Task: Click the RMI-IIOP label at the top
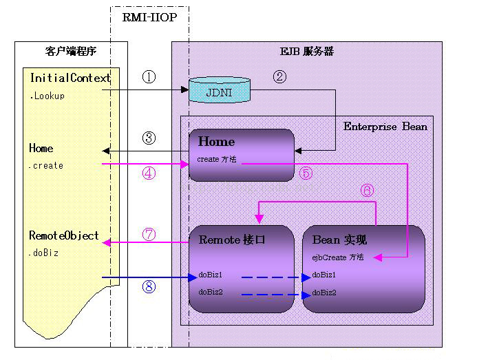[149, 18]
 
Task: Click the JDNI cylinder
[219, 91]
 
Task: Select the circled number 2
[279, 76]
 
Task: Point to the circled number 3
[149, 137]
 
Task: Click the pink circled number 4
[149, 173]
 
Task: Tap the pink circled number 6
[367, 190]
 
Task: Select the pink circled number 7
[149, 234]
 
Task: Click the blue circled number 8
[149, 286]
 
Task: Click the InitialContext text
[70, 78]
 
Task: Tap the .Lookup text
[47, 96]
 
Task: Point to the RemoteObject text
[64, 235]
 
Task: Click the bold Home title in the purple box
[216, 142]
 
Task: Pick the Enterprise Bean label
[385, 127]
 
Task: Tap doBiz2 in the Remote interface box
[210, 293]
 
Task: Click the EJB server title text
[306, 52]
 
